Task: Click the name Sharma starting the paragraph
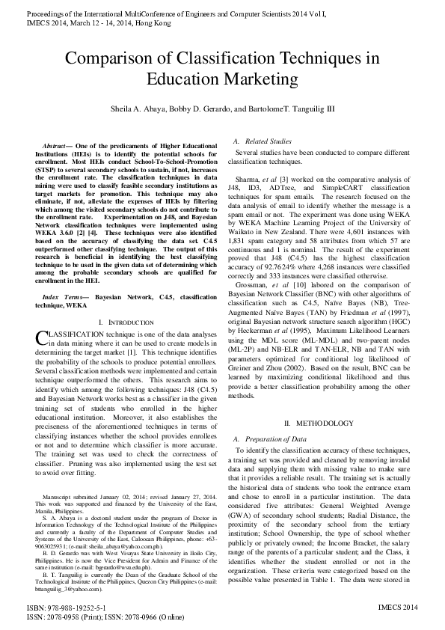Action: coord(248,180)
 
